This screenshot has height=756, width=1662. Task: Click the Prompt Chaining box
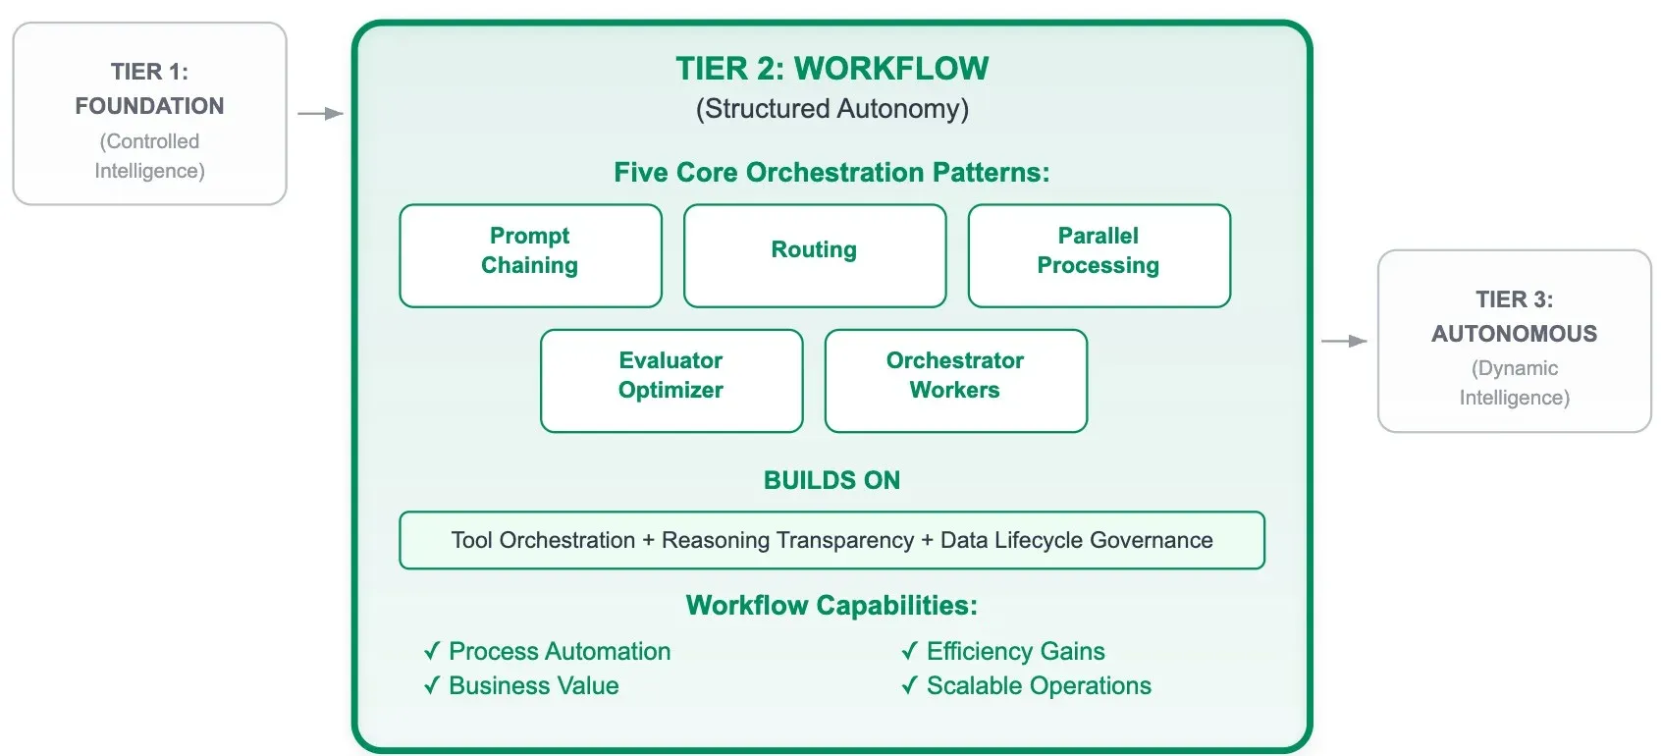coord(530,254)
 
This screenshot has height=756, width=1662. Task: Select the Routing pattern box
coord(814,254)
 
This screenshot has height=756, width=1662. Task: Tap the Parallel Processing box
coord(1099,254)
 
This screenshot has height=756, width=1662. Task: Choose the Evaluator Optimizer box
coord(670,380)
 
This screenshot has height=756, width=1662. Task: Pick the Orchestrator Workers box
coord(955,380)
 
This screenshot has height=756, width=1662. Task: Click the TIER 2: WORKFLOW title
coord(831,69)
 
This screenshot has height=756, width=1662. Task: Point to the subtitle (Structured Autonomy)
coord(831,109)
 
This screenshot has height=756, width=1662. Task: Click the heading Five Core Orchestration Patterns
coord(831,173)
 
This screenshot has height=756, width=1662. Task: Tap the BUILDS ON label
coord(831,480)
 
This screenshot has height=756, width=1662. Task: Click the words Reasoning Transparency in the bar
coord(787,540)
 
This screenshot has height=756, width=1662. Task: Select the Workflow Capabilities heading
coord(831,605)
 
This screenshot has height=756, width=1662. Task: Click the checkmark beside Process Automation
coord(432,651)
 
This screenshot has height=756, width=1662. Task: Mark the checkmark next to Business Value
coord(432,685)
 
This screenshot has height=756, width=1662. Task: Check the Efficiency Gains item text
coord(1015,651)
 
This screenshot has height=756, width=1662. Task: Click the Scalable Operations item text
coord(1039,685)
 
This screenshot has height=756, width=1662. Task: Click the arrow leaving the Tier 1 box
coord(320,114)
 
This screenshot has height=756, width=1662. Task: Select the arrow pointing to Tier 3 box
coord(1344,341)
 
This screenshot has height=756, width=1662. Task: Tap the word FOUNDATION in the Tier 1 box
coord(149,106)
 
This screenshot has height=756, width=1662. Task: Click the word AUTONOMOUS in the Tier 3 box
coord(1514,334)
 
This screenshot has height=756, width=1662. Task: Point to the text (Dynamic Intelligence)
coord(1514,383)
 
